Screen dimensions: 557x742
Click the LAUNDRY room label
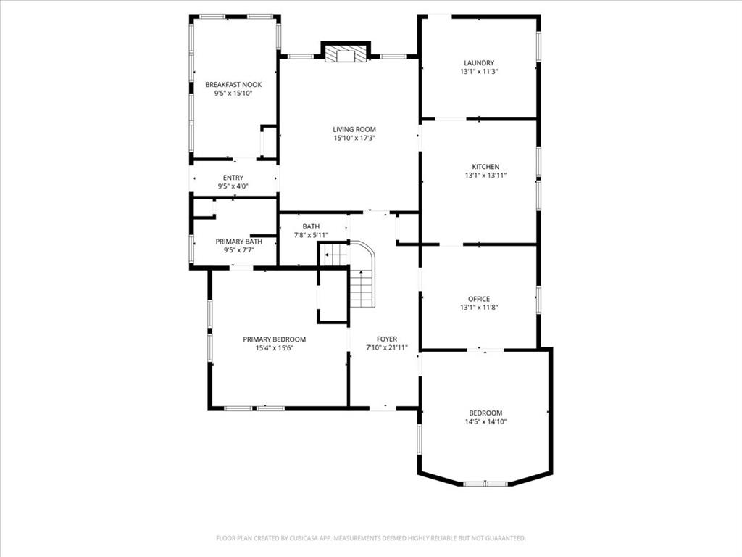(x=479, y=63)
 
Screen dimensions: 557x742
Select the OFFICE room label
(x=479, y=299)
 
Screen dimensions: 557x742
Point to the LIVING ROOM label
(x=354, y=129)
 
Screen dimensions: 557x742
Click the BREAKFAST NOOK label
(x=233, y=85)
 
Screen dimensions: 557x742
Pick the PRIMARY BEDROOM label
(x=274, y=339)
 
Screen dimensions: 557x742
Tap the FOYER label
(x=387, y=339)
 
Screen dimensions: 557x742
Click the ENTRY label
(x=233, y=178)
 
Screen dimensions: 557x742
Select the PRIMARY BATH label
(x=238, y=242)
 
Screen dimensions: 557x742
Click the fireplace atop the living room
(x=345, y=54)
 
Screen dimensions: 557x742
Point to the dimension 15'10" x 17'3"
(x=354, y=138)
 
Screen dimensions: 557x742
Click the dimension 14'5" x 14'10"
(x=485, y=421)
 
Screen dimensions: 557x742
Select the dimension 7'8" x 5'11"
(x=311, y=235)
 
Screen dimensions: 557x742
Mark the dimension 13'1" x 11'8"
(x=479, y=308)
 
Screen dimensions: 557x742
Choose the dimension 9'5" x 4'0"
(x=233, y=186)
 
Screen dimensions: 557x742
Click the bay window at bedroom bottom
(x=485, y=483)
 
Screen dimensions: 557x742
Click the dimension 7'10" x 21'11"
(x=387, y=347)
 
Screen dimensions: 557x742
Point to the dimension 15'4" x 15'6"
(x=274, y=348)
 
